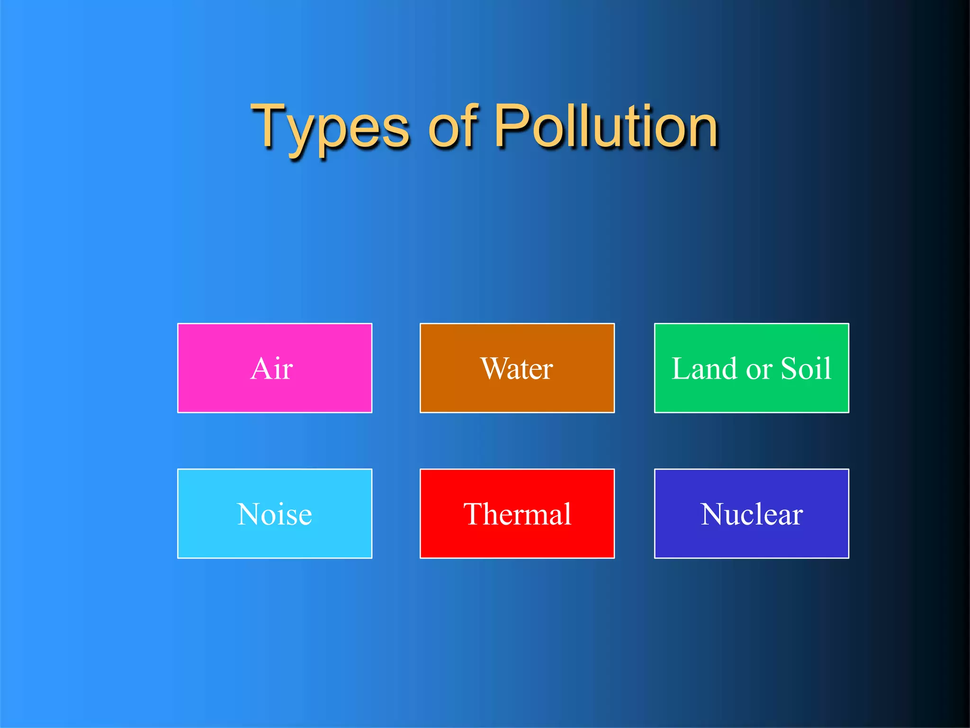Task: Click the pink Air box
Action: tap(275, 368)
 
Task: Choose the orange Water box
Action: tap(517, 368)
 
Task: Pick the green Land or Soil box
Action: tap(752, 368)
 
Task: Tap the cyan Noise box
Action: tap(275, 514)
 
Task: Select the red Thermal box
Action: tap(517, 514)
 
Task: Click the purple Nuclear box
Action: tap(752, 514)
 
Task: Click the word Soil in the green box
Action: tap(806, 369)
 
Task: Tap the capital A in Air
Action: tap(262, 368)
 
